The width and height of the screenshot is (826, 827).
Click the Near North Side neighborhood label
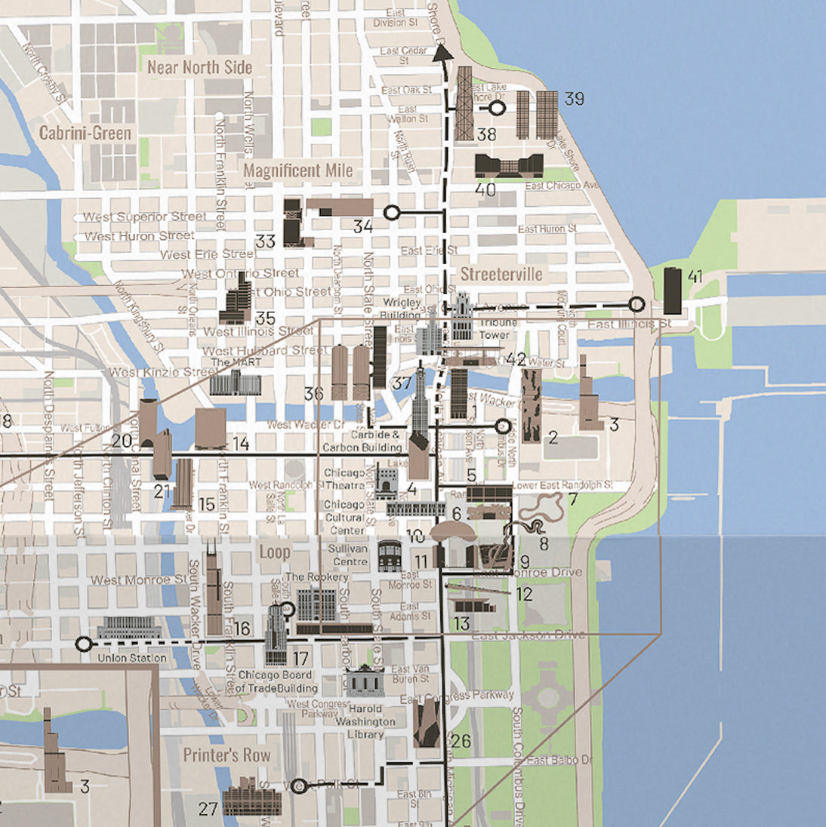(x=199, y=67)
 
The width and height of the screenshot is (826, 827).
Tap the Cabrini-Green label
(x=85, y=134)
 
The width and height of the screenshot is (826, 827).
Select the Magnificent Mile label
(x=298, y=171)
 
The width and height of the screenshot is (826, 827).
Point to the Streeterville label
(x=501, y=274)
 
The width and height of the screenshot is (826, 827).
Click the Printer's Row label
(x=227, y=755)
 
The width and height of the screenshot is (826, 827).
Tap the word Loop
(x=275, y=552)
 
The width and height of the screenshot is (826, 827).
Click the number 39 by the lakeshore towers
(x=575, y=98)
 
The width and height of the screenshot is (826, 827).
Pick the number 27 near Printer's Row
(x=208, y=809)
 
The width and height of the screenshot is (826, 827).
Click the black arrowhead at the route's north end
(x=442, y=52)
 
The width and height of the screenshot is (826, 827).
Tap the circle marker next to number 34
(x=391, y=213)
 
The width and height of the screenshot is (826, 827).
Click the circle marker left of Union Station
(x=84, y=644)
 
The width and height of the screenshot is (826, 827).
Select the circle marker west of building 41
(x=636, y=305)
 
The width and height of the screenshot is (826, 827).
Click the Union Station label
(x=132, y=658)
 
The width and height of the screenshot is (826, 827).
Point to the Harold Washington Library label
(x=366, y=721)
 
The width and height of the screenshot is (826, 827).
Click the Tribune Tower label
(x=495, y=328)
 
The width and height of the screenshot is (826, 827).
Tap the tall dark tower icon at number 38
(x=464, y=103)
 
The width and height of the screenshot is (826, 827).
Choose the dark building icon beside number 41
(x=672, y=291)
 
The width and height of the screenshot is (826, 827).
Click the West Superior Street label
(x=144, y=217)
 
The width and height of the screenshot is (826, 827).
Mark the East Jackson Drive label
(x=528, y=635)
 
